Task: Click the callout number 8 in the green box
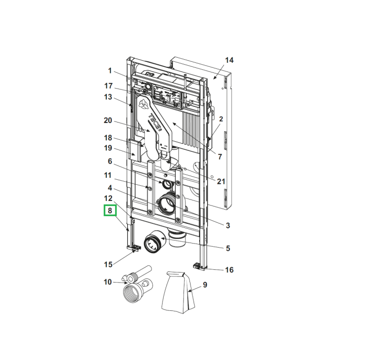click(110, 210)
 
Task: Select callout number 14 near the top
click(229, 60)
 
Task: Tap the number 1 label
click(110, 71)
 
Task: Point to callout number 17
click(108, 86)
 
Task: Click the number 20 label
click(108, 121)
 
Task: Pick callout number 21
click(221, 181)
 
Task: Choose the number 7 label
click(220, 157)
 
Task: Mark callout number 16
click(229, 270)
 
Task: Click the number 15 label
click(108, 264)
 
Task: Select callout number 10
click(107, 282)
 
